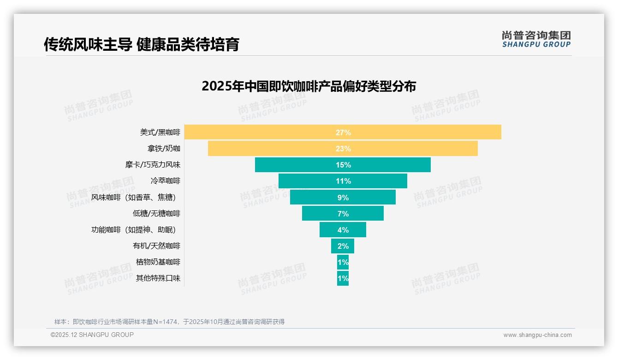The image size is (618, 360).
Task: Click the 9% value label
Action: coord(343,198)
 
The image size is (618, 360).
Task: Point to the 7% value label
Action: coord(343,214)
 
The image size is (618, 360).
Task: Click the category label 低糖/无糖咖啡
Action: coord(156,214)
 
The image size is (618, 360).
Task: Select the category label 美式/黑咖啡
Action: coord(160,132)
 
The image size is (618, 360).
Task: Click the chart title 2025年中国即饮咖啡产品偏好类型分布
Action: coord(309,86)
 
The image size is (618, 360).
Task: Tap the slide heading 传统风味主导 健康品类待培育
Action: coord(142,44)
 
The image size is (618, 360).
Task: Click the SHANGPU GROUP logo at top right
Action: coord(536,39)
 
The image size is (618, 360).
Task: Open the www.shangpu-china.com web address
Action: coord(537,335)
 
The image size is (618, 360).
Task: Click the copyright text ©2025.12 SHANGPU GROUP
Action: coord(92,335)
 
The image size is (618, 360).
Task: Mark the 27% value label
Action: coord(343,132)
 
